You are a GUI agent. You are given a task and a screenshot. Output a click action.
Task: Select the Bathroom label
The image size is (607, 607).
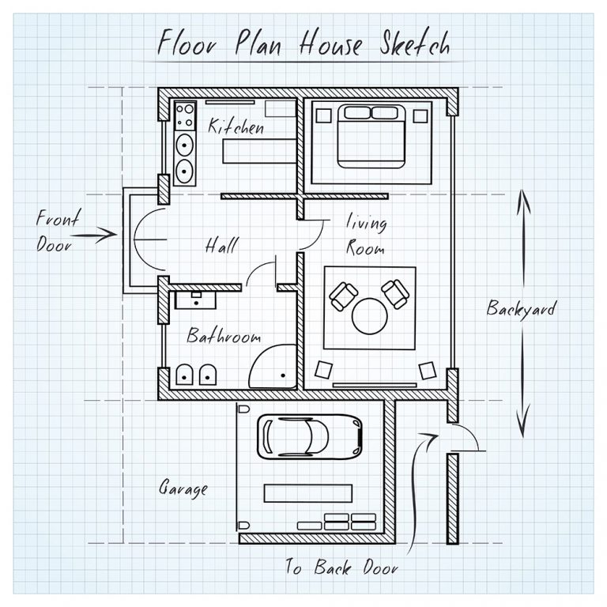pos(224,337)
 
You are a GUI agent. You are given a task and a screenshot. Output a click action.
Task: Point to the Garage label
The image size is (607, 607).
pos(183,488)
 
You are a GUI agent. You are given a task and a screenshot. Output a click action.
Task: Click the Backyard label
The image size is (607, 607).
pos(520,308)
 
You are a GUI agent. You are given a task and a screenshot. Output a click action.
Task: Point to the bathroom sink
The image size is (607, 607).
pos(193,298)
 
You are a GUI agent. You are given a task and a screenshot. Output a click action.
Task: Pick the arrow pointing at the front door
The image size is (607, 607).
pos(96,234)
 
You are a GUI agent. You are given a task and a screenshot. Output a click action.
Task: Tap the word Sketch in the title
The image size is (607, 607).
pos(410,43)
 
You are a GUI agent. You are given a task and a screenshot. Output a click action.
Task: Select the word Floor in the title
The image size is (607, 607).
pos(188,43)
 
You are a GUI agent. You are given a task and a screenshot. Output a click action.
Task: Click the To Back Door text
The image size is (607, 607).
pos(341,567)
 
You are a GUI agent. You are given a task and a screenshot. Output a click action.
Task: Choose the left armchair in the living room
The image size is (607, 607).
pos(344,296)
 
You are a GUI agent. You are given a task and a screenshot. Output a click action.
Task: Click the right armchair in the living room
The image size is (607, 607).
pos(395,294)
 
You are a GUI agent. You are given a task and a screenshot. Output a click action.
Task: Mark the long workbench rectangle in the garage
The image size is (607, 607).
pos(308,492)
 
